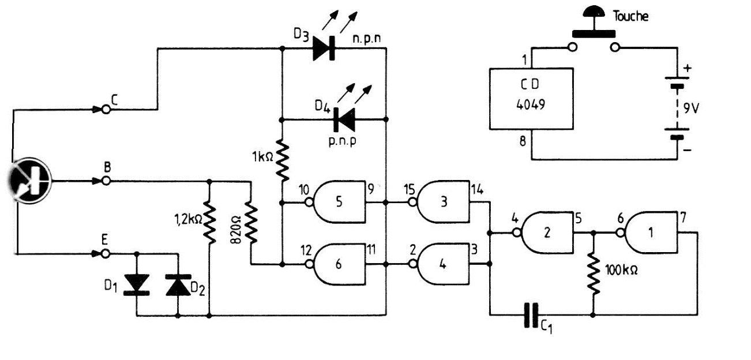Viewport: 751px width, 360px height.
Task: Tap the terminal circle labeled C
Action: [106, 108]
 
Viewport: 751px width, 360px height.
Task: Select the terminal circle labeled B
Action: [106, 181]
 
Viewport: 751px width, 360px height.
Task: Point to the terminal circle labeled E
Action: [106, 253]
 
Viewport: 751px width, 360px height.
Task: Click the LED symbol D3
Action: [324, 49]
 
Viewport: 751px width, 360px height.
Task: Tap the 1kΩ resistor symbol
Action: [281, 160]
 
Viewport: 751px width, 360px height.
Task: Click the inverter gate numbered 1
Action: [652, 233]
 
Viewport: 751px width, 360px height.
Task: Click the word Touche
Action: [630, 16]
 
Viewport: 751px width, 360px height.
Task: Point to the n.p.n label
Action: [369, 39]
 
